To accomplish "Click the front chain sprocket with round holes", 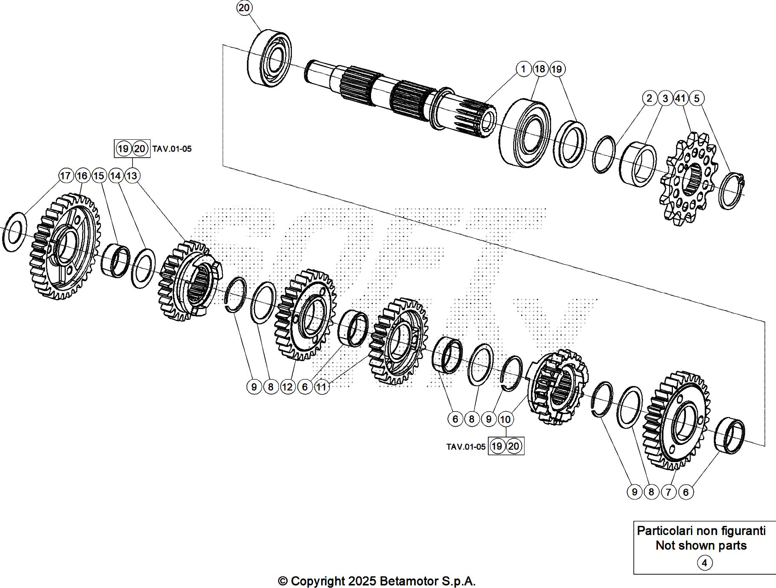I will (x=689, y=179).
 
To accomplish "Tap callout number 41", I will (x=680, y=98).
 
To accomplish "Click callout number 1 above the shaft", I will (x=523, y=69).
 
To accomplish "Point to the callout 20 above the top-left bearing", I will (x=244, y=8).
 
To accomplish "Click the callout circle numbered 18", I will (x=540, y=69).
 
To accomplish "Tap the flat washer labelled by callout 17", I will (x=14, y=232).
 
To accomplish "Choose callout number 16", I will (x=82, y=176).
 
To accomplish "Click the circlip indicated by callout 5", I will (x=731, y=191).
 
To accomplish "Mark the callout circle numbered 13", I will (x=132, y=176).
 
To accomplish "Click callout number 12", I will (x=287, y=387).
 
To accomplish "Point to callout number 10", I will (x=505, y=419).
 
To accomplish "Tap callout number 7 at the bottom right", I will (x=668, y=492).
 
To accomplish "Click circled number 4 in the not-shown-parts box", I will (x=704, y=563).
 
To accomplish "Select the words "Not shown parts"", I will (x=701, y=545).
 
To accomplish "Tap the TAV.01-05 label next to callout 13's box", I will (x=172, y=149).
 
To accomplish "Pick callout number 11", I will (x=321, y=387).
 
